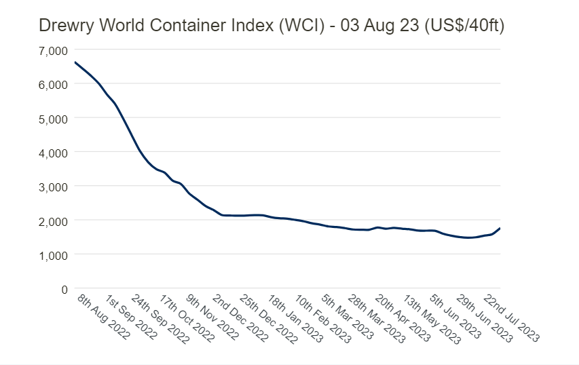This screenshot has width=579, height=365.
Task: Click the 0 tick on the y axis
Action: click(64, 289)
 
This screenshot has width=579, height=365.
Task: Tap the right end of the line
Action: click(500, 228)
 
